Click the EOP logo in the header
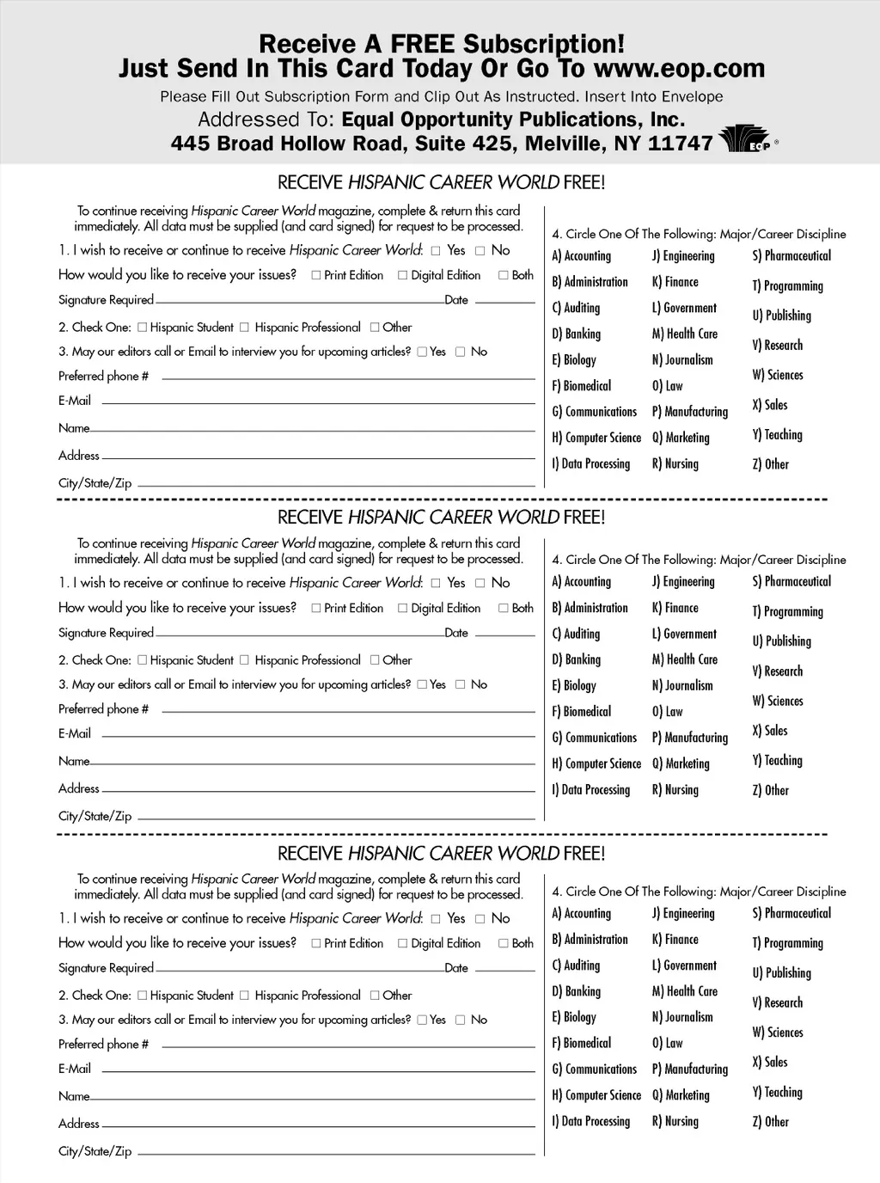point(745,139)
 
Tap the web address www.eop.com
point(679,68)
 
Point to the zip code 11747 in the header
point(681,143)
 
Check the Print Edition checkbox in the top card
point(316,275)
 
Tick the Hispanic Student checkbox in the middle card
point(143,660)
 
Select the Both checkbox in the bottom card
point(504,943)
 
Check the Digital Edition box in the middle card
point(402,608)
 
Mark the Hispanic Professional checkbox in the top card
point(244,328)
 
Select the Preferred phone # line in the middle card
point(348,712)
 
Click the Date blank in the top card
point(504,303)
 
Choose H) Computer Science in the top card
point(596,438)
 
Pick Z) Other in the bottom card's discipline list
point(770,1121)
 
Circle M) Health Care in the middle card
point(684,659)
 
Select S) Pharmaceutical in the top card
point(791,255)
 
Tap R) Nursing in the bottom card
point(675,1121)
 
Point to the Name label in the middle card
point(74,761)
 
